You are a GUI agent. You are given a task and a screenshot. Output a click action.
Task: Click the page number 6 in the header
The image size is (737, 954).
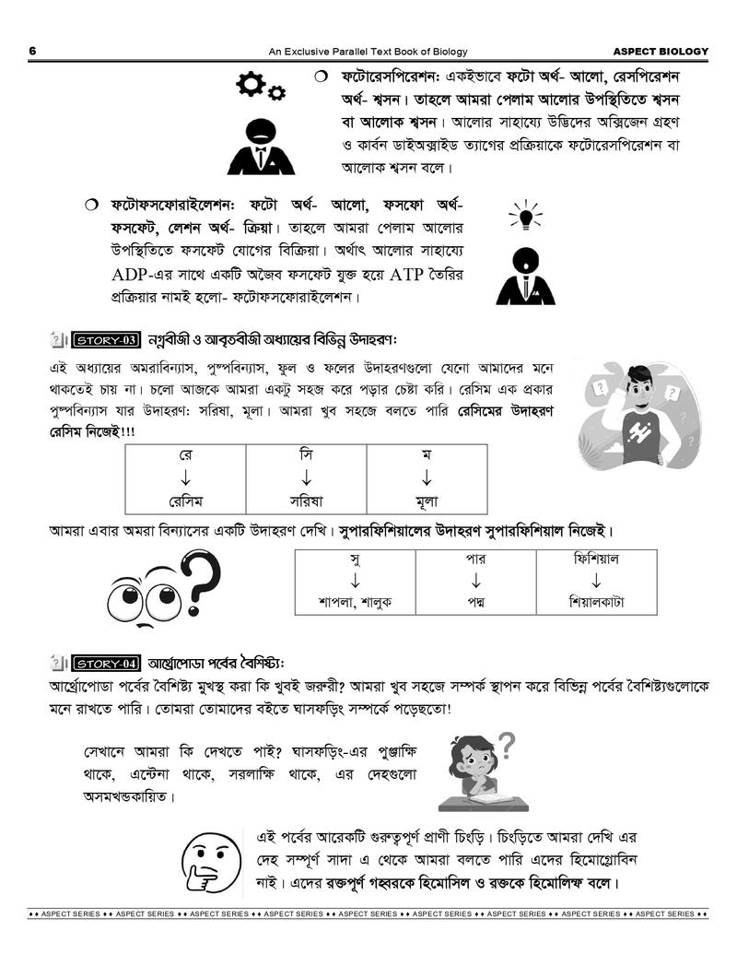[32, 52]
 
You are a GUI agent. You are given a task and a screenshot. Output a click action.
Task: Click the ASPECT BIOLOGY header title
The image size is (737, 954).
[661, 52]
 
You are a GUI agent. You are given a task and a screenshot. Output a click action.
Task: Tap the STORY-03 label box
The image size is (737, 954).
[104, 340]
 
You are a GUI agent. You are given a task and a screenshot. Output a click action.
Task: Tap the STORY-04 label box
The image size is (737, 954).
[104, 663]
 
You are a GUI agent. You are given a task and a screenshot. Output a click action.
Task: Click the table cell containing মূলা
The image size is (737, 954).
[426, 501]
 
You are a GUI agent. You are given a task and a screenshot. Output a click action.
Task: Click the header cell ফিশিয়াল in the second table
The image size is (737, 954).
[596, 559]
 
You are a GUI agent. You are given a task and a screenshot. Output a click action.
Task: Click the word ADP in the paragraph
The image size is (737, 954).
[133, 275]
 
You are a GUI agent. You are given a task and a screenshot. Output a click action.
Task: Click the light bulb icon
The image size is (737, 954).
[525, 217]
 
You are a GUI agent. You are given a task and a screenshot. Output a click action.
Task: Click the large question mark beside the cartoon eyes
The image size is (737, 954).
[202, 586]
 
